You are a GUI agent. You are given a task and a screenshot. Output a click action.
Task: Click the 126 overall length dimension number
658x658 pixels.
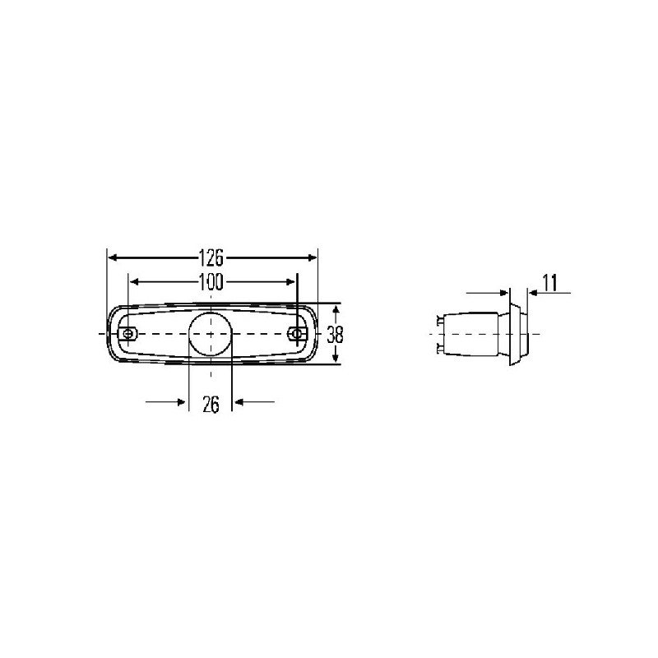tap(211, 257)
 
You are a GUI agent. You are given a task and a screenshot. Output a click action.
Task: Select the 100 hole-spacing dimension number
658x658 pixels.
tap(211, 282)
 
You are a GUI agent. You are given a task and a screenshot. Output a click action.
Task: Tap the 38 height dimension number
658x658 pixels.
tap(335, 335)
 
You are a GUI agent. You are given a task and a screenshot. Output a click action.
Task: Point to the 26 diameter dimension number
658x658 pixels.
tap(211, 403)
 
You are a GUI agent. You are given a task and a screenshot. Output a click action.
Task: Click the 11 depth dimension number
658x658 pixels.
tap(550, 284)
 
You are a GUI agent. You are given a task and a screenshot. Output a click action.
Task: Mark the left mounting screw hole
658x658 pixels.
tap(128, 334)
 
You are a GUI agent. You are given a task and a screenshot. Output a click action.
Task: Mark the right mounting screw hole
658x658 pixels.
tap(299, 334)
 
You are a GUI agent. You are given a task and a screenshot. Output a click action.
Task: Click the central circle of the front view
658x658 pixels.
tap(211, 334)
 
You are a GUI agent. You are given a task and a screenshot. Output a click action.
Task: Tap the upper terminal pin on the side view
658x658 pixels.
tap(438, 321)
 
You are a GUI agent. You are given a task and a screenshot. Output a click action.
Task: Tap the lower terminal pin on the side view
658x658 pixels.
tap(438, 349)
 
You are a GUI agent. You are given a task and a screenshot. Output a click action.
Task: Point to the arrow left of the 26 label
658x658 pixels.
tap(180, 401)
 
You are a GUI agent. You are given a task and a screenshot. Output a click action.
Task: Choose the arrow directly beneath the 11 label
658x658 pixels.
tap(534, 292)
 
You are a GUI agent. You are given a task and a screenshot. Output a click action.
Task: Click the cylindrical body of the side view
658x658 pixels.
tap(477, 335)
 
